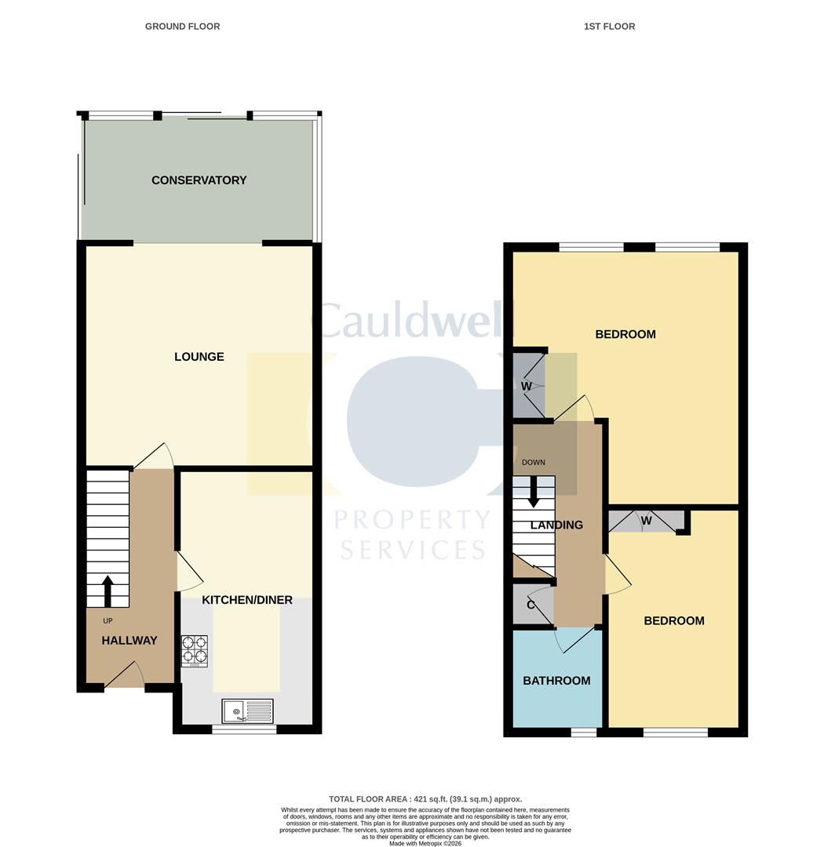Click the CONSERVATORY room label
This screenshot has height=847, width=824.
[199, 180]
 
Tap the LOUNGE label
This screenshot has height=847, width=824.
[199, 357]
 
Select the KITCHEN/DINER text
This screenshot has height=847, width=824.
[247, 600]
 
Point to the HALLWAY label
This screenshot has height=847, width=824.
[129, 640]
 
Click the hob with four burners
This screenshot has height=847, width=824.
[195, 649]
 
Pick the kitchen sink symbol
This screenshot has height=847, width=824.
[247, 711]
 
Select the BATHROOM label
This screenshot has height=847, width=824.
[556, 681]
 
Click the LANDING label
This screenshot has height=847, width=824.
[556, 525]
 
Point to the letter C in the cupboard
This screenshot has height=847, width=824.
[530, 605]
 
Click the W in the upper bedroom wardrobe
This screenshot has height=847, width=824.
[527, 387]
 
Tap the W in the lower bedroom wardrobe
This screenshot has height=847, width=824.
[646, 519]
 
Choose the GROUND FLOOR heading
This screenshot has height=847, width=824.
[182, 27]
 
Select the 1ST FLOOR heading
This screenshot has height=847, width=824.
[609, 27]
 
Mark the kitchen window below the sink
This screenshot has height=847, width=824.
[244, 729]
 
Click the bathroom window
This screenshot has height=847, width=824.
[583, 732]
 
